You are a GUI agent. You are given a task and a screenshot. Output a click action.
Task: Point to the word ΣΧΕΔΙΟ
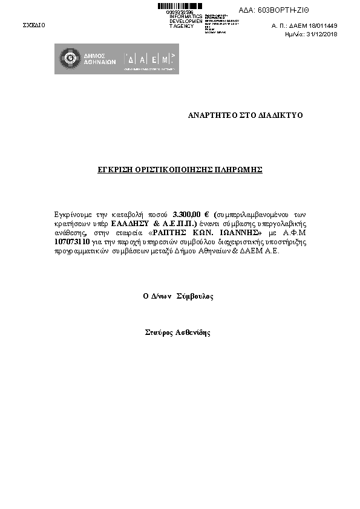[33, 25]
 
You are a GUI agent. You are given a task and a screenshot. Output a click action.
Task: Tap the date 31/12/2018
[322, 34]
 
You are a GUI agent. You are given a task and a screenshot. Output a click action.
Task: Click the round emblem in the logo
[68, 59]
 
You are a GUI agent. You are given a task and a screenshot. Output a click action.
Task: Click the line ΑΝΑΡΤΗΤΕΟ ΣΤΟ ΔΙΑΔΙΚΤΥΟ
[245, 115]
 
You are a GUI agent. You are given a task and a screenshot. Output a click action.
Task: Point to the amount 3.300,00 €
[190, 215]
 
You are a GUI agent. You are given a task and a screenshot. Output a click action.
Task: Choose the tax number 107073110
[72, 242]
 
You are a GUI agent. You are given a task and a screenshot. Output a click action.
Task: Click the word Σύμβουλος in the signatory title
[194, 297]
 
